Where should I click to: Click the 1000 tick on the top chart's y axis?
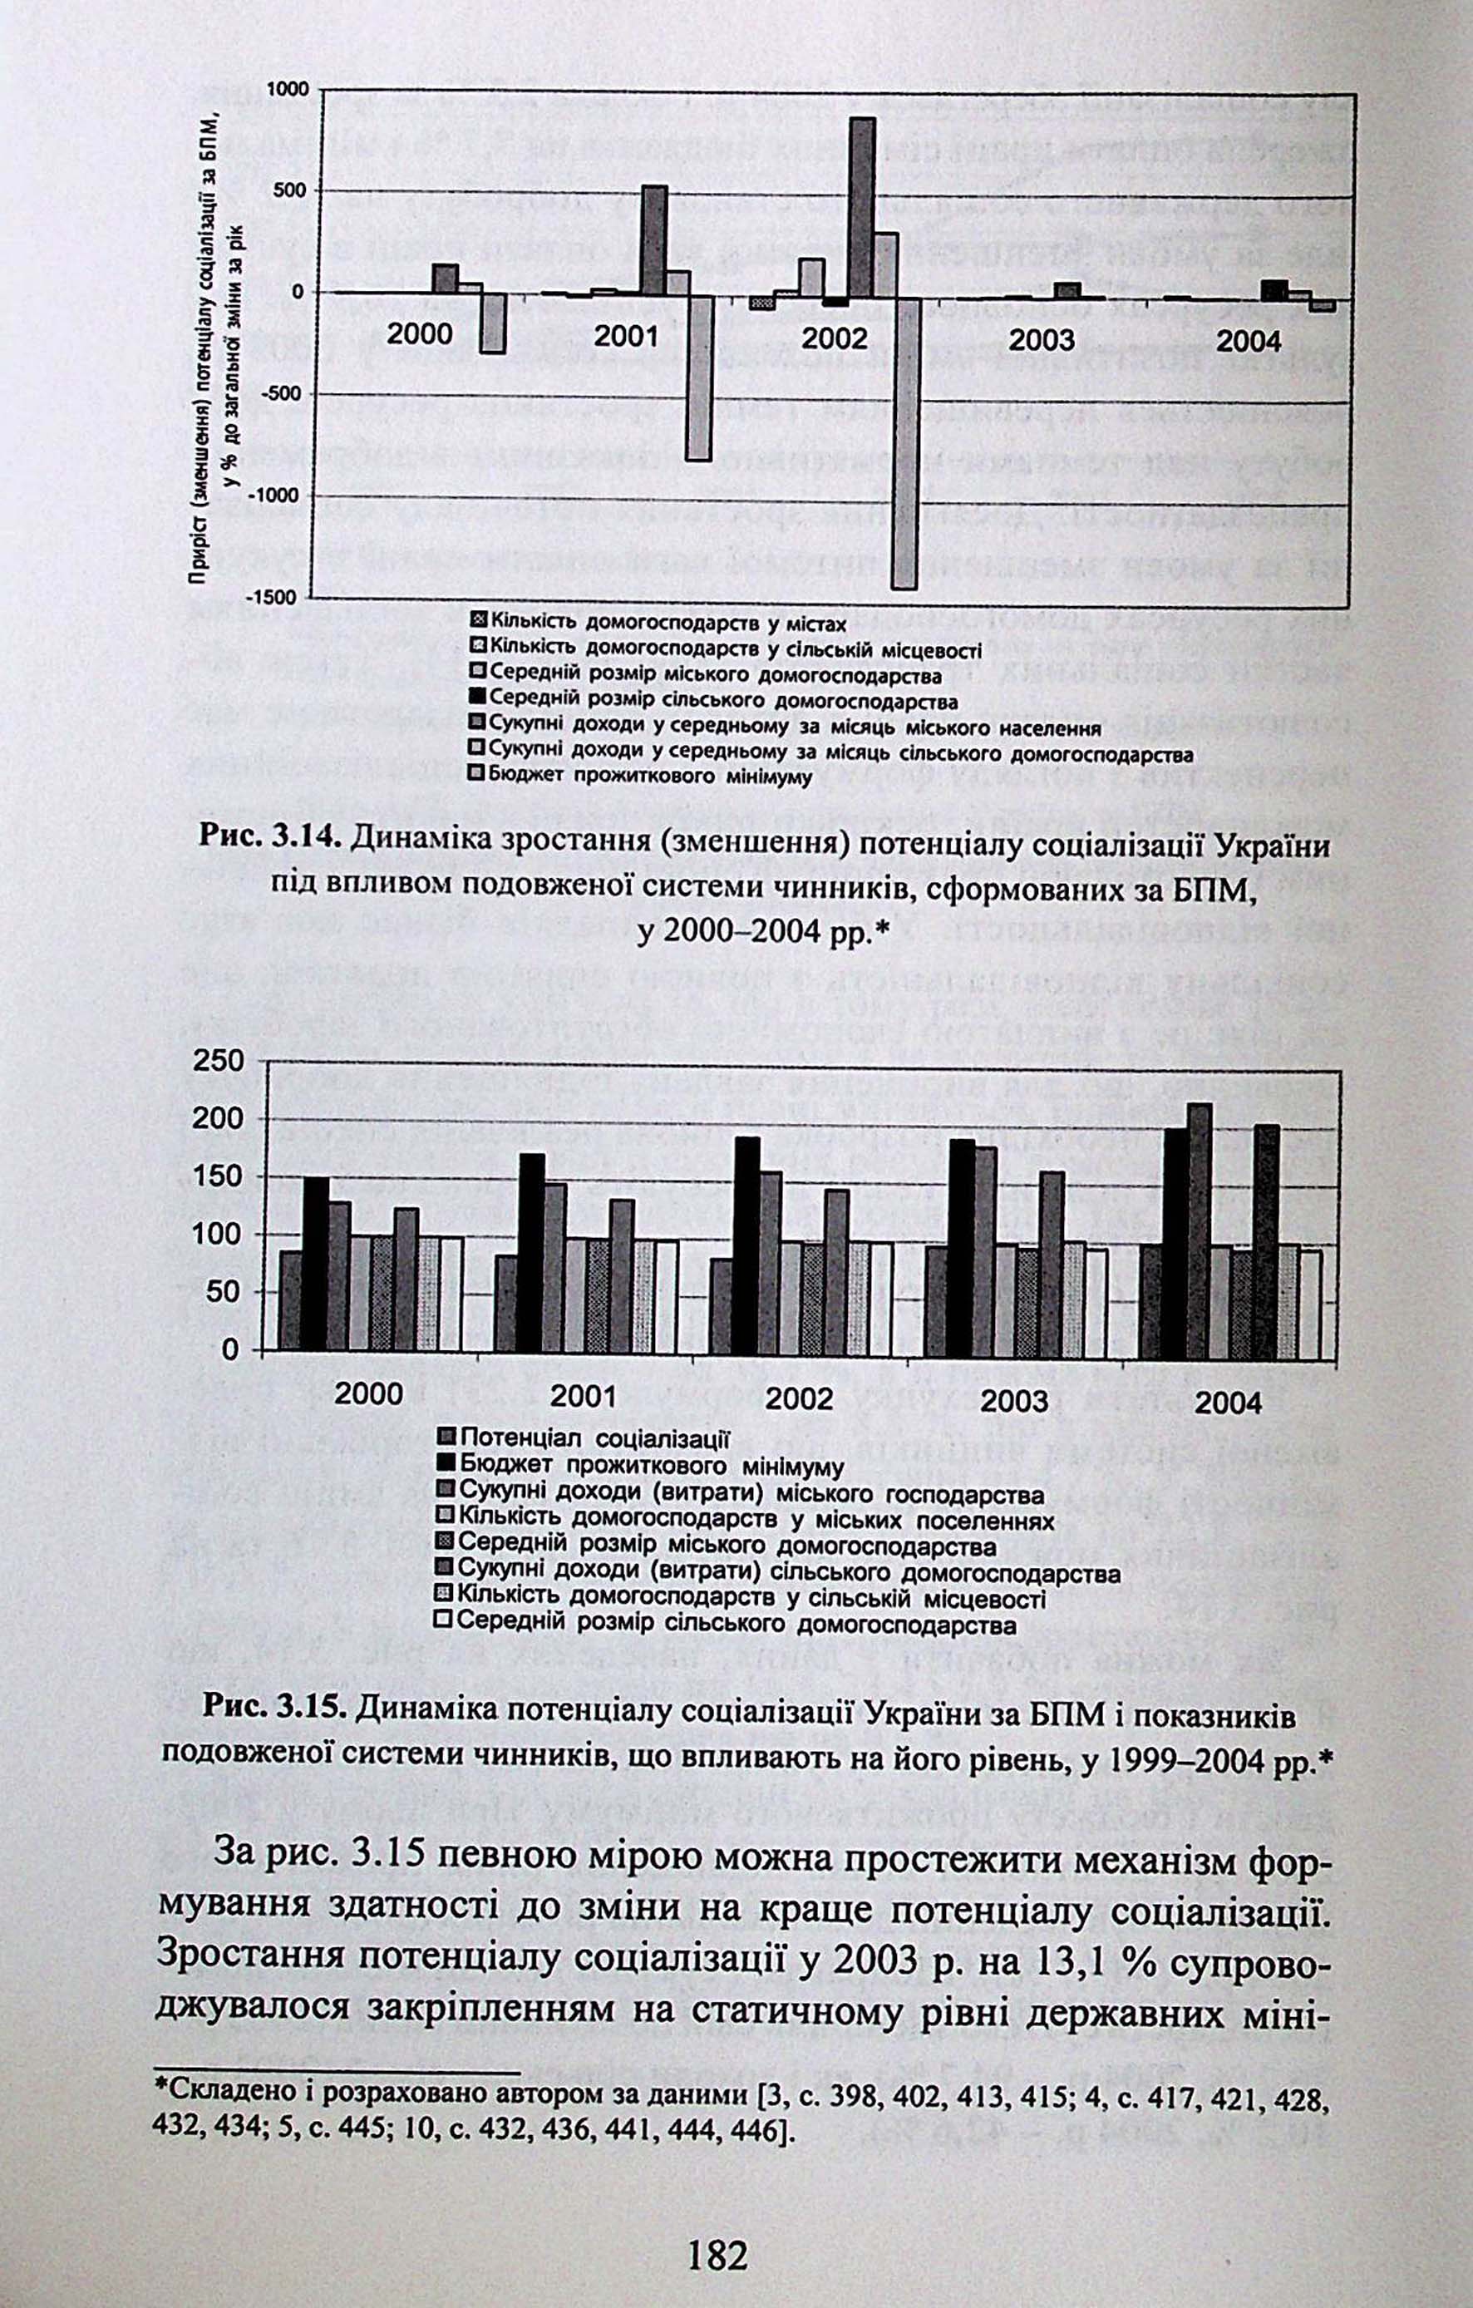coord(287,88)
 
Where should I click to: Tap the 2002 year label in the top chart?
coord(834,338)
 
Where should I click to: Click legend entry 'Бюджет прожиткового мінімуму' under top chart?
coord(649,777)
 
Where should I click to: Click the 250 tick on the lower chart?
coord(219,1061)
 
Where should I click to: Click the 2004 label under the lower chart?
coord(1229,1404)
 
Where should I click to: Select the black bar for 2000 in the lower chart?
coord(315,1263)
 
